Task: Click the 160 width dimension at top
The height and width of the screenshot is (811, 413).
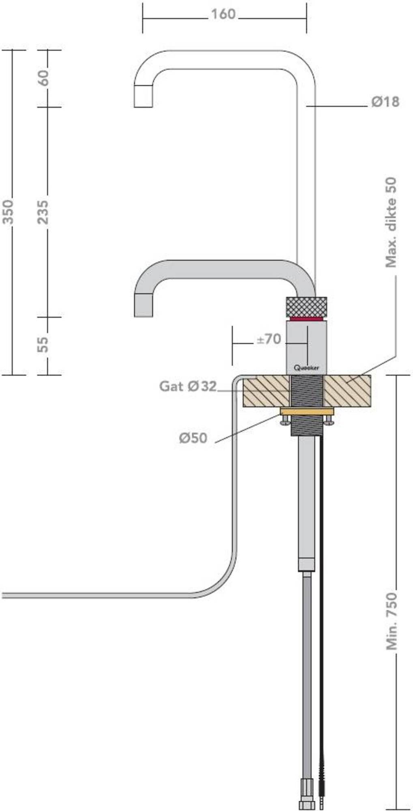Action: [x=223, y=15]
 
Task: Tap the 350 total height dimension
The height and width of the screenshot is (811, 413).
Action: [x=9, y=212]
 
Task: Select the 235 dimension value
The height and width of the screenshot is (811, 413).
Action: [x=43, y=212]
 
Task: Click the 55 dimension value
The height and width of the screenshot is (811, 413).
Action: [x=43, y=344]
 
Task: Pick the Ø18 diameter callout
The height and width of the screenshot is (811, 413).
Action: [x=385, y=102]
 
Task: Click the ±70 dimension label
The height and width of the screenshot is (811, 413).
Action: [x=269, y=339]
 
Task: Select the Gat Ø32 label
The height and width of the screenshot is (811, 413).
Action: [x=188, y=386]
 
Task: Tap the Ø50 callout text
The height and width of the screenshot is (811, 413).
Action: [x=193, y=438]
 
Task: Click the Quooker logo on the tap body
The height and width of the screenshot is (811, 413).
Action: [x=306, y=368]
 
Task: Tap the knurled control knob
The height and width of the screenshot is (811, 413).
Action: [x=306, y=307]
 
